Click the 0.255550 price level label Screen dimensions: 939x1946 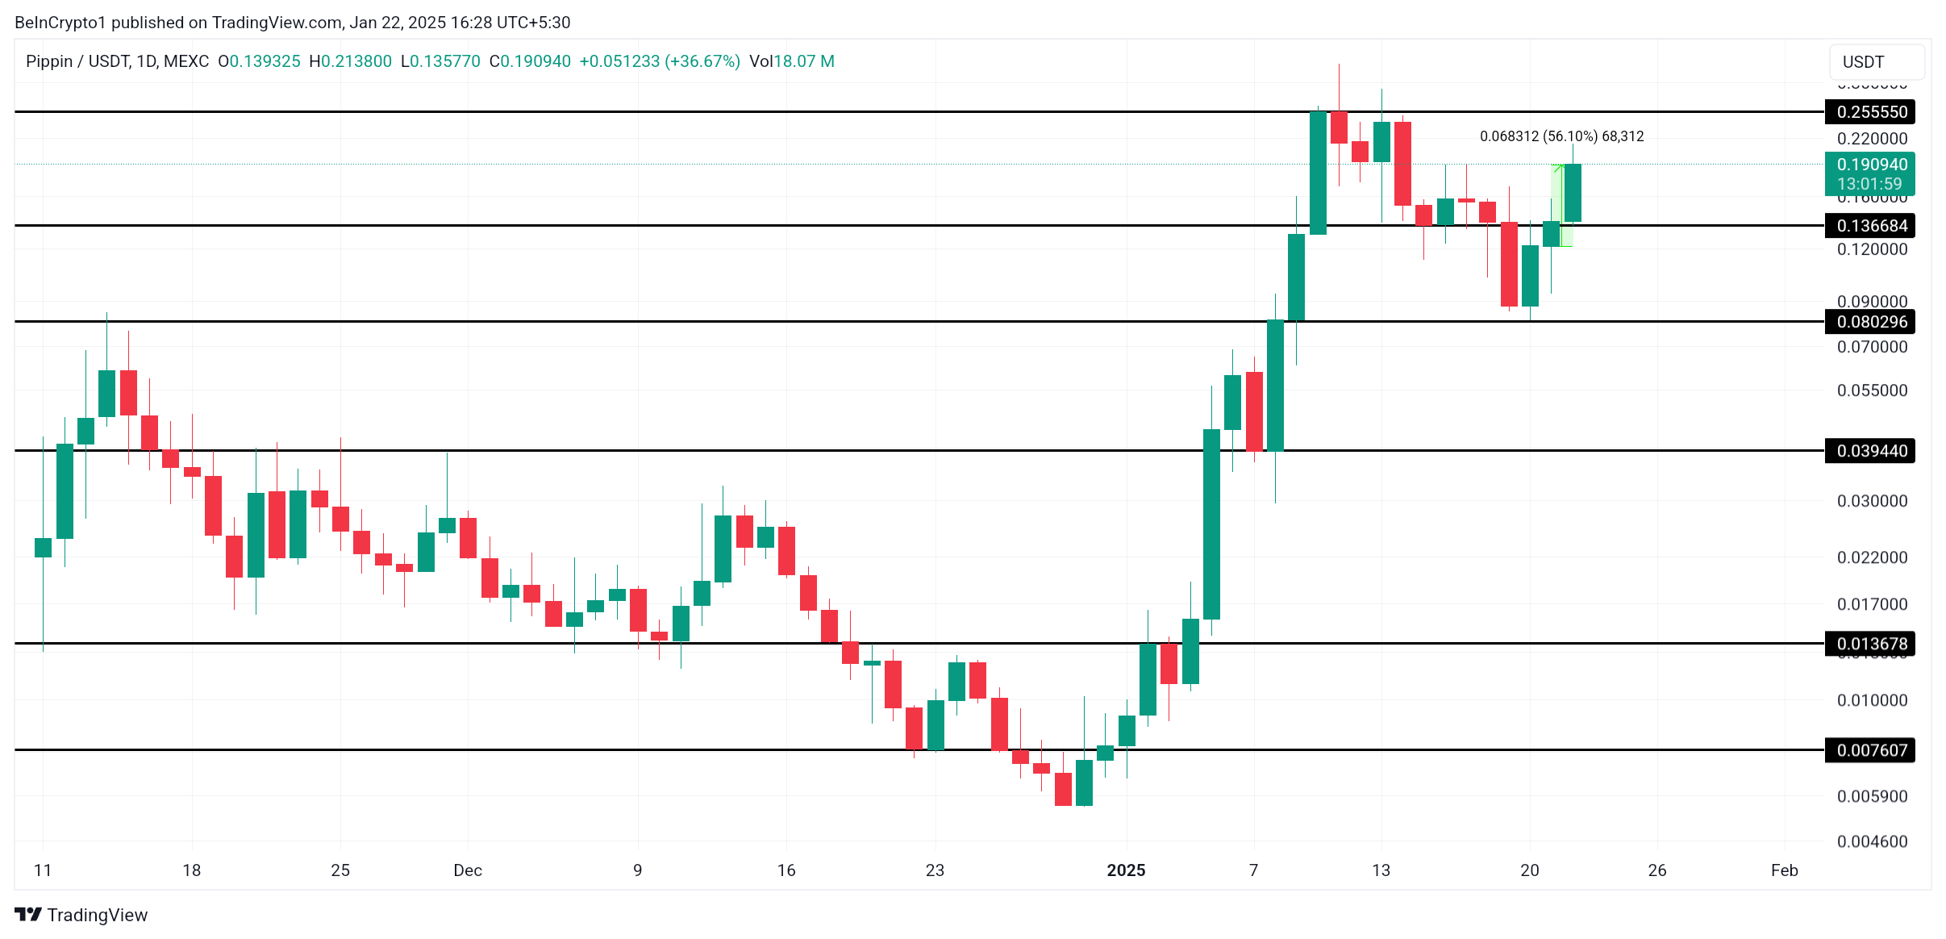point(1871,112)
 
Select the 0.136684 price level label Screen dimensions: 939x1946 point(1871,226)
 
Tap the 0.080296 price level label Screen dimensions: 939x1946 point(1871,322)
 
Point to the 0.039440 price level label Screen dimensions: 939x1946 point(1871,451)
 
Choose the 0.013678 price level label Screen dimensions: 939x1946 point(1871,644)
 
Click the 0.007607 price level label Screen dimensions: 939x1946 point(1871,750)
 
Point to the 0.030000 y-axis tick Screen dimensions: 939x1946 point(1872,501)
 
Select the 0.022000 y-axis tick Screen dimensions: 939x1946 point(1872,557)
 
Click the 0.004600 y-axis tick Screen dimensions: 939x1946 point(1872,841)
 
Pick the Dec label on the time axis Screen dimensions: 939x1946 point(468,870)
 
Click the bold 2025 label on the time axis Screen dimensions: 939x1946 point(1126,870)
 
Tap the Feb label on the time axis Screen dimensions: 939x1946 point(1784,870)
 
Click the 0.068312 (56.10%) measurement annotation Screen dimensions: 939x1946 point(1561,136)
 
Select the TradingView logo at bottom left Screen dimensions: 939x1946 point(81,915)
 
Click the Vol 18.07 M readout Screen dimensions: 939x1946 point(791,61)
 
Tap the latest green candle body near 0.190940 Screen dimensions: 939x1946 point(1573,193)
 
